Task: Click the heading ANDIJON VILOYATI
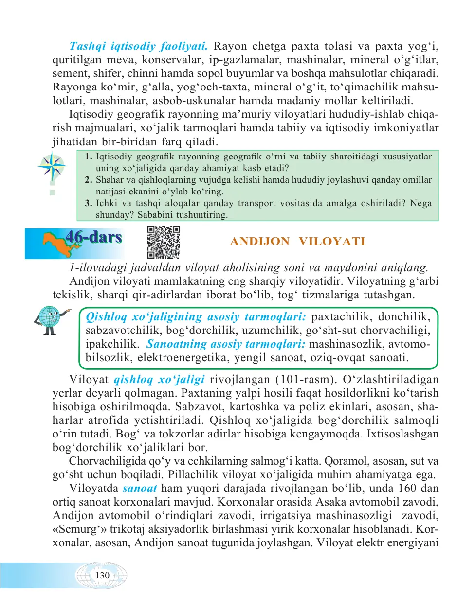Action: (x=297, y=242)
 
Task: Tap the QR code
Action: (x=164, y=242)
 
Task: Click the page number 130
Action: (x=102, y=576)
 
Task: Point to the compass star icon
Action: (x=53, y=166)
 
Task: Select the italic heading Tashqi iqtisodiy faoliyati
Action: (x=138, y=46)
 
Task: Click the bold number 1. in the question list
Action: (x=88, y=157)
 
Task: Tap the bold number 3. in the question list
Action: (x=88, y=203)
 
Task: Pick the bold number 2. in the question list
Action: (x=88, y=180)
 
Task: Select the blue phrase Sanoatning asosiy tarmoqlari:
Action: (x=226, y=344)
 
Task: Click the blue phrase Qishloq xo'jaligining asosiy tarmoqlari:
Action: (x=196, y=317)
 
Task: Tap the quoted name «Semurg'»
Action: (x=79, y=529)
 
